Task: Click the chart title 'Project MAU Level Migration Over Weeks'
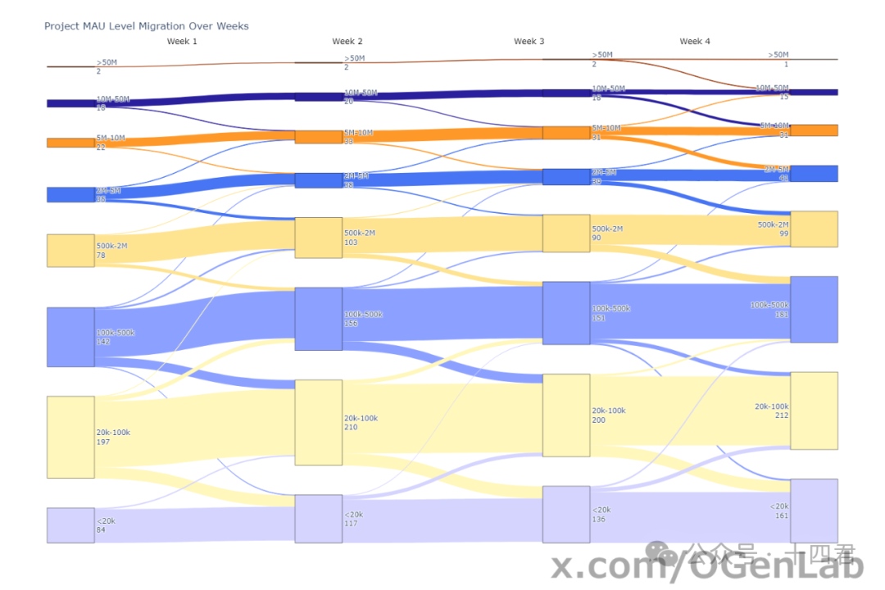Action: point(147,26)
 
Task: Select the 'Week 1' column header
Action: point(182,41)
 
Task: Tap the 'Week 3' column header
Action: point(529,41)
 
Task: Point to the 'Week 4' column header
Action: point(695,41)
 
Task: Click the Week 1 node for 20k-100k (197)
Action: point(70,437)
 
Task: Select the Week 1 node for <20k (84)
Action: point(70,525)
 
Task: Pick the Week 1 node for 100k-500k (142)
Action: point(70,337)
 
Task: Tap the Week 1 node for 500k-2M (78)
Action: point(70,251)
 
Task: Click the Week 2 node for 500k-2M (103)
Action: point(318,238)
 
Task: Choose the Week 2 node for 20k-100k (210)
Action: point(318,423)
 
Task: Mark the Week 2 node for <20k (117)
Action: point(318,519)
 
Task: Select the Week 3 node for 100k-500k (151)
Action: point(566,313)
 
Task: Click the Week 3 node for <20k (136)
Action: point(566,515)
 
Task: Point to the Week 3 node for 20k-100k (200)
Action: point(566,415)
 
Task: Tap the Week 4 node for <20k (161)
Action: point(814,511)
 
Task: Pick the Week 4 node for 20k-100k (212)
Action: point(814,411)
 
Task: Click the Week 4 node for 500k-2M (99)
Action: point(814,229)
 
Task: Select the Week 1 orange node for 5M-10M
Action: point(70,143)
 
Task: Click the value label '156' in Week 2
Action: point(351,324)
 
